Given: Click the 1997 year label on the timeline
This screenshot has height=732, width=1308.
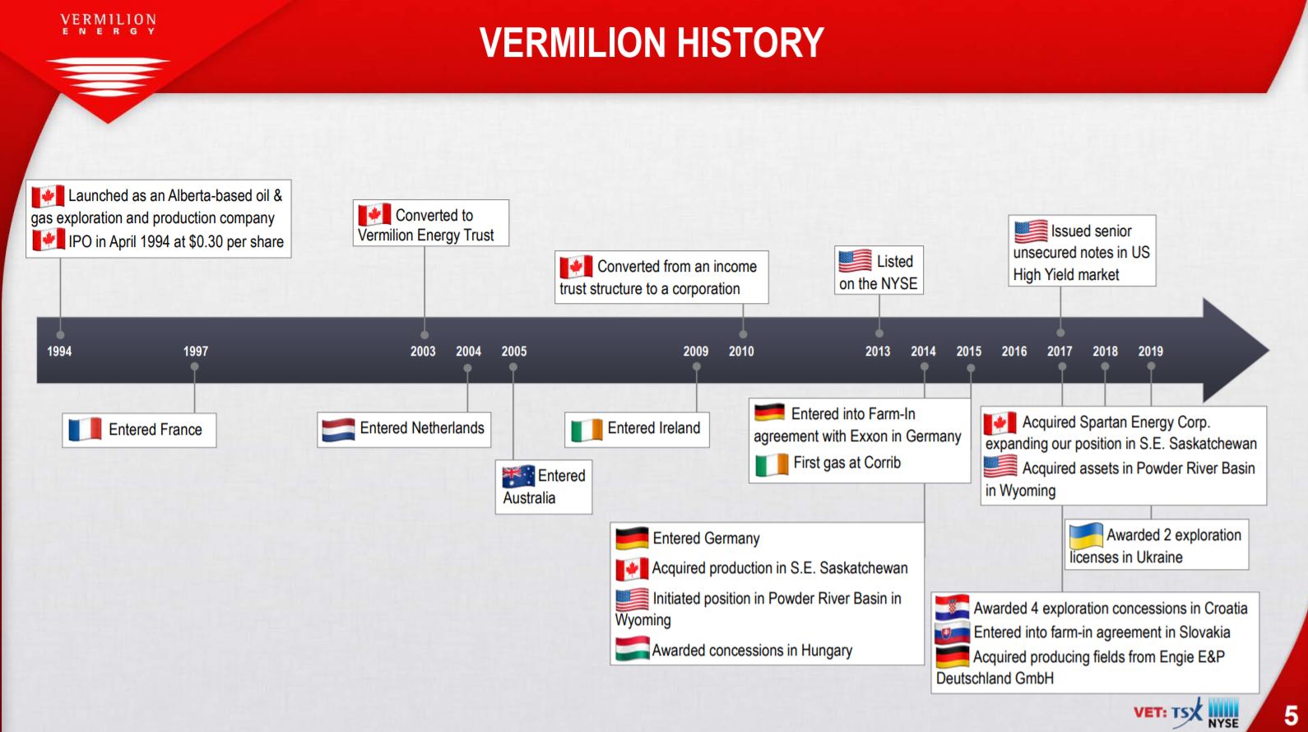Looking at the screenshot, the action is (196, 352).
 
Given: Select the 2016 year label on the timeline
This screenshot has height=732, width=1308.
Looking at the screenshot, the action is (1014, 352).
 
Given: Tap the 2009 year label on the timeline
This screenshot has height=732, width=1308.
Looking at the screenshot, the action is (695, 352).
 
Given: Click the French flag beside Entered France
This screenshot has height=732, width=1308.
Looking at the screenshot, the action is (86, 430).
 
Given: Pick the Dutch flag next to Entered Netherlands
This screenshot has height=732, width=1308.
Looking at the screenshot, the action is (339, 430).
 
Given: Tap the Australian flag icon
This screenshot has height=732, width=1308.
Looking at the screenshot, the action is (518, 477).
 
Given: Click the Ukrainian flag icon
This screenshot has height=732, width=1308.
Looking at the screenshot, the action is (1086, 536).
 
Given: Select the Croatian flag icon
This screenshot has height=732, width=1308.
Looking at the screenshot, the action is (953, 608).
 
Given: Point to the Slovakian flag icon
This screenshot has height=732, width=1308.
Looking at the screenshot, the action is (953, 633).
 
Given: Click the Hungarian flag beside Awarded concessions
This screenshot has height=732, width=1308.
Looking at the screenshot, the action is (633, 649).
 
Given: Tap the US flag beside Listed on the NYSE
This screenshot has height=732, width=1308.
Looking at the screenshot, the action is (855, 261).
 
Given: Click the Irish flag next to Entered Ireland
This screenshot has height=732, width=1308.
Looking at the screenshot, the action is (587, 430).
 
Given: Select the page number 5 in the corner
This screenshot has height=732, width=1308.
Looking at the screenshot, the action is (1291, 715).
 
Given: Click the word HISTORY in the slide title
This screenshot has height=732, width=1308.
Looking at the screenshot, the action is (750, 43).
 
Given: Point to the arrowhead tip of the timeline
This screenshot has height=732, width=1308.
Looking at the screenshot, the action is (1269, 350).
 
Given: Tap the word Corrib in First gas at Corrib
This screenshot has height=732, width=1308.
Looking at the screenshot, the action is (883, 463).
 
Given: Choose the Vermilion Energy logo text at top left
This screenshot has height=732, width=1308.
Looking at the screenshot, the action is (109, 25).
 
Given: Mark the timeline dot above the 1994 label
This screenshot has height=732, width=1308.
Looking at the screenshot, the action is (60, 335).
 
